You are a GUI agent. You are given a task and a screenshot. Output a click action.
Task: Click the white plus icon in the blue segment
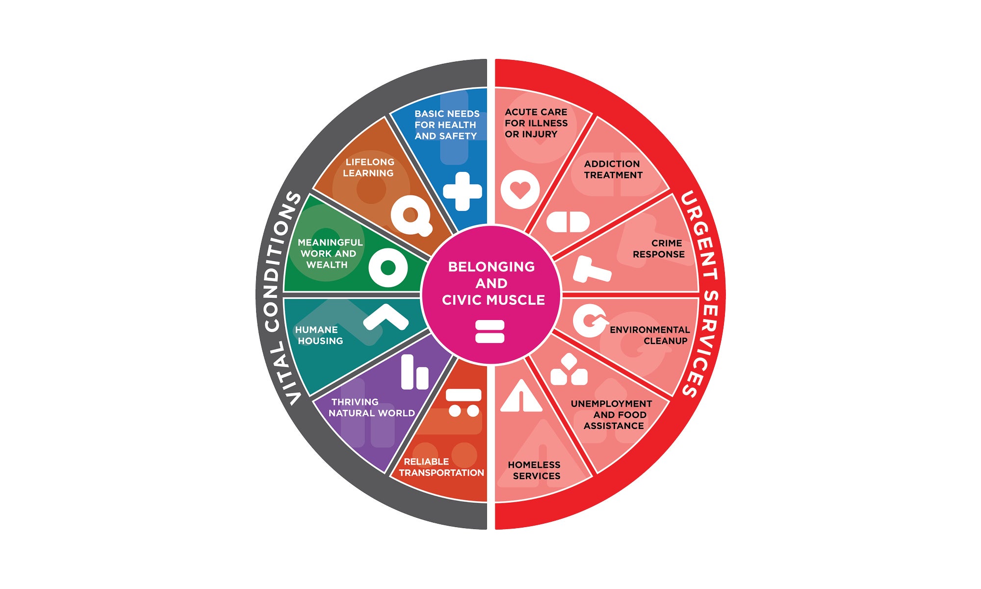click(462, 191)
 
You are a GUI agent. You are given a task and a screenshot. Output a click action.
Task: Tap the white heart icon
click(520, 189)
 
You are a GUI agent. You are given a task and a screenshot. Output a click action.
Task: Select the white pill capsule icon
click(568, 222)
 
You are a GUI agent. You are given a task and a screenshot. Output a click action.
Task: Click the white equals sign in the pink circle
click(490, 331)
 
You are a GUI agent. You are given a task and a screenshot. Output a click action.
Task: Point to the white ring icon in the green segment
click(388, 268)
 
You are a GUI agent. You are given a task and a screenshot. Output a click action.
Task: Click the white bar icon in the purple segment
click(414, 373)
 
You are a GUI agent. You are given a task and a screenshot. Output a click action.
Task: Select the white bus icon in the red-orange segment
click(464, 402)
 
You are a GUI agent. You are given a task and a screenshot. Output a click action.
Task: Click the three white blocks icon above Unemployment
click(569, 371)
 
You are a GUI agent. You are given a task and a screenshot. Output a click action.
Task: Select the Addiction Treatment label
click(613, 169)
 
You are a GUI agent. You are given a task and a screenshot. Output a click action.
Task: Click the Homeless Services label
click(535, 470)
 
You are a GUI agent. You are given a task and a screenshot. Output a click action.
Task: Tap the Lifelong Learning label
click(369, 167)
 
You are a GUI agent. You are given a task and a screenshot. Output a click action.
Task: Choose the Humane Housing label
click(319, 335)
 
